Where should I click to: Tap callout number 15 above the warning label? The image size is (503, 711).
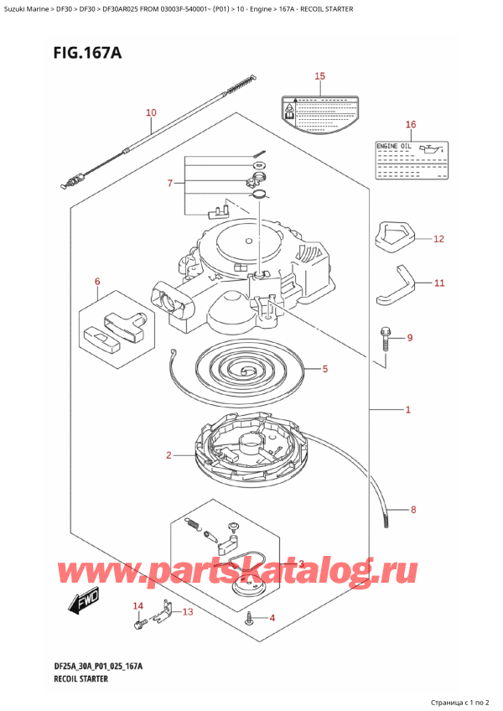(319, 76)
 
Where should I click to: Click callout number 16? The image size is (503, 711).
(410, 125)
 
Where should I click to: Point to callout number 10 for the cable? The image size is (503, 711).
(150, 112)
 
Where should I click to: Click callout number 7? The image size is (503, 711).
(170, 184)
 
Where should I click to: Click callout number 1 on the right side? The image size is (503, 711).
(407, 410)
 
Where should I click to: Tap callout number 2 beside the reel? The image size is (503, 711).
(169, 455)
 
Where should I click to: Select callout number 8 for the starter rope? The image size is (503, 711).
(412, 509)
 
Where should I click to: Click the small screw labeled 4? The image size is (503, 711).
(250, 619)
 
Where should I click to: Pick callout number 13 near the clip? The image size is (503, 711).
(187, 612)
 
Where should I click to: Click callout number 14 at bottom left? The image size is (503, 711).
(138, 605)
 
